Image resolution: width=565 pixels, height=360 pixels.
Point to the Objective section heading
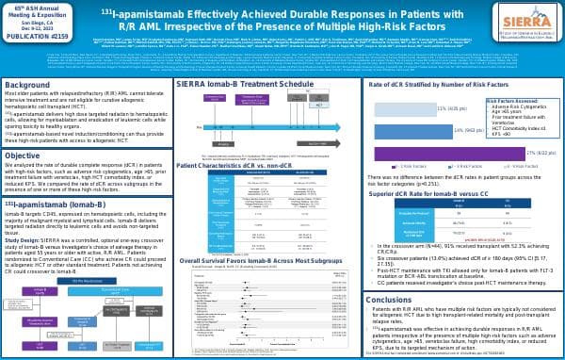click(x=23, y=155)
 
